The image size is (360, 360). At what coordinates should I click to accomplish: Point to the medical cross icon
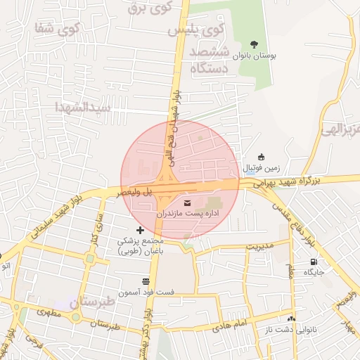point(140,230)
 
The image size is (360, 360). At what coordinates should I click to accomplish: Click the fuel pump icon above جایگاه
point(313,262)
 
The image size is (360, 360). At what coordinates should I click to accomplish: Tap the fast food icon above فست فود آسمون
point(146,281)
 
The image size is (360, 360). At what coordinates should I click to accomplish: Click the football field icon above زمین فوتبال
point(262,157)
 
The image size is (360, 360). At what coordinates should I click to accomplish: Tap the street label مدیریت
point(259,247)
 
